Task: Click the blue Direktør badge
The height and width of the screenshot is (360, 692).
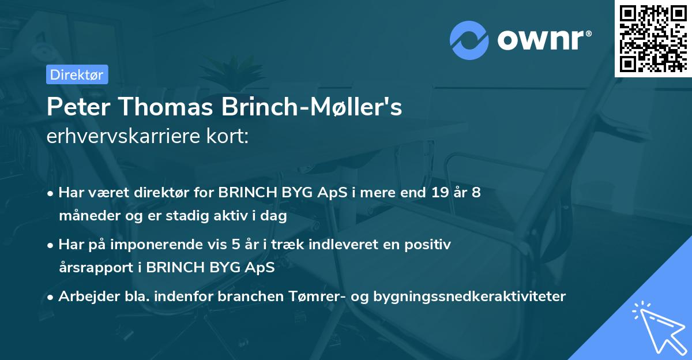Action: (x=77, y=74)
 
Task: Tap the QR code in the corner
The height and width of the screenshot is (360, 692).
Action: (x=653, y=38)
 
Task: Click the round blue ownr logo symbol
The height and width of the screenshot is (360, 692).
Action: (x=469, y=41)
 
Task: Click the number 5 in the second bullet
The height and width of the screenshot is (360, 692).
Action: (x=235, y=245)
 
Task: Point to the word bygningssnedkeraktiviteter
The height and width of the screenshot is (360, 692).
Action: (x=469, y=297)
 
